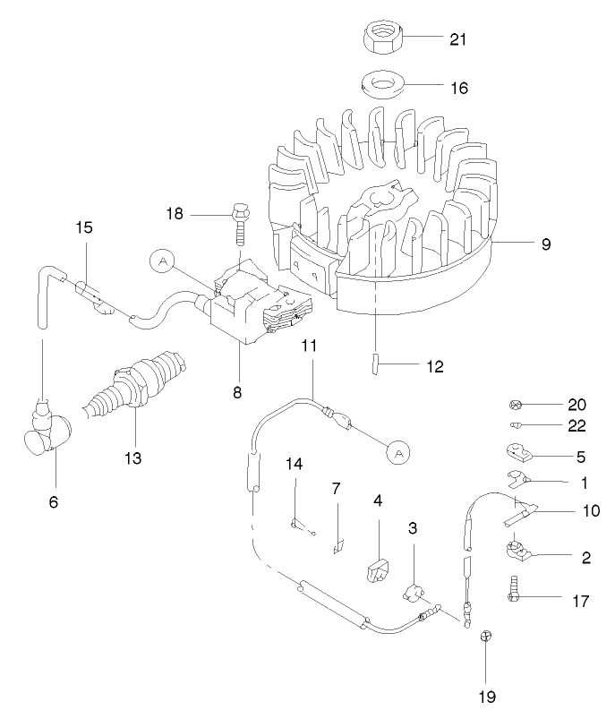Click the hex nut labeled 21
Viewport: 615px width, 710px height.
384,39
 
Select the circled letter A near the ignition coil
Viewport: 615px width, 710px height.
163,261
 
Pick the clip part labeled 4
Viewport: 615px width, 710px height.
376,569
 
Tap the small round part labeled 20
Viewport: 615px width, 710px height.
517,404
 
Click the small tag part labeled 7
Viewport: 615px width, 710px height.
338,543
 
